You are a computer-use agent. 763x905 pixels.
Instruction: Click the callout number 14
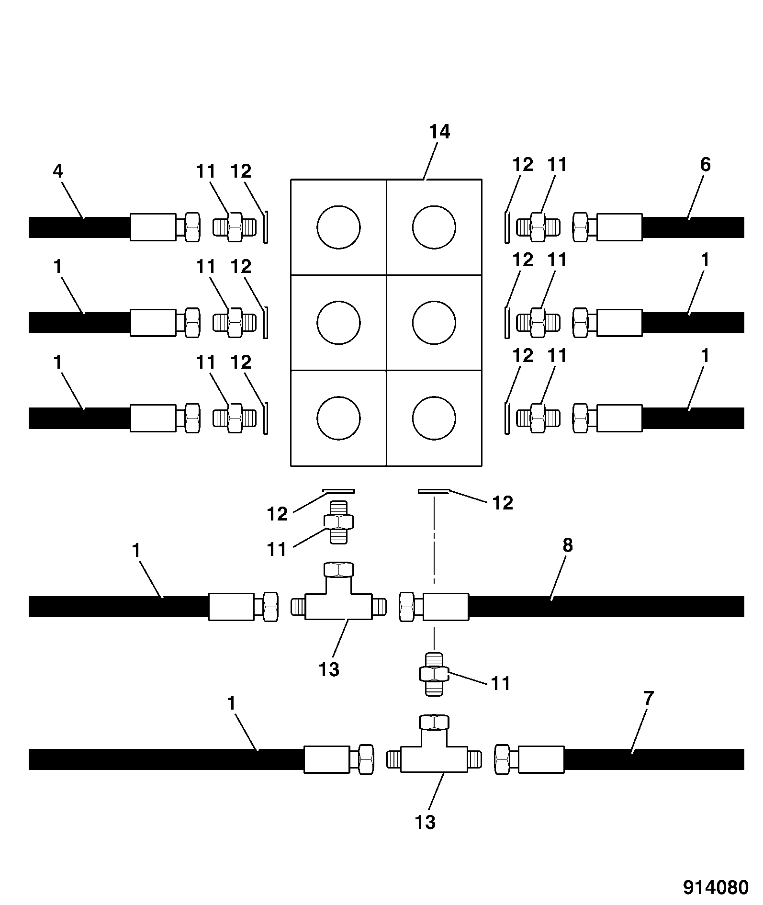[x=439, y=132]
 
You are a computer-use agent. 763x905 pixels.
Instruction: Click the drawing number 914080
[x=715, y=887]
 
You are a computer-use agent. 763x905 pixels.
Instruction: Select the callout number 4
[x=58, y=171]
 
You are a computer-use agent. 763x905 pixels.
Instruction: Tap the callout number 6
[x=705, y=165]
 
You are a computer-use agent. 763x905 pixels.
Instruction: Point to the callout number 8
[x=567, y=545]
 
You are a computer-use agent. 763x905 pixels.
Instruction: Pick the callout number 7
[x=648, y=698]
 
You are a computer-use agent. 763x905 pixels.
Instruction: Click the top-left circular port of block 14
[x=338, y=227]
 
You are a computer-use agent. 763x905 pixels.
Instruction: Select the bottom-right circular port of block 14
[x=434, y=418]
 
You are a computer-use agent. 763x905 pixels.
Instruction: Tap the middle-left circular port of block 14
[x=338, y=323]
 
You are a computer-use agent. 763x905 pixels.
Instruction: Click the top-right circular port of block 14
[x=434, y=227]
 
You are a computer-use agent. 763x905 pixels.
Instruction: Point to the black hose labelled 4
[x=79, y=227]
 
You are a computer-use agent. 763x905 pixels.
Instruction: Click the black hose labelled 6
[x=693, y=227]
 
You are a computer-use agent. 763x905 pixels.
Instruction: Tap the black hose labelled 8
[x=606, y=607]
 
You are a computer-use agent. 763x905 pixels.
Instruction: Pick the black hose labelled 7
[x=654, y=759]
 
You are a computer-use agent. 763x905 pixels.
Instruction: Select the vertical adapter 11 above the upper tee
[x=338, y=521]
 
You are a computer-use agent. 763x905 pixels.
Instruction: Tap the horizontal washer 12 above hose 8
[x=434, y=491]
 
